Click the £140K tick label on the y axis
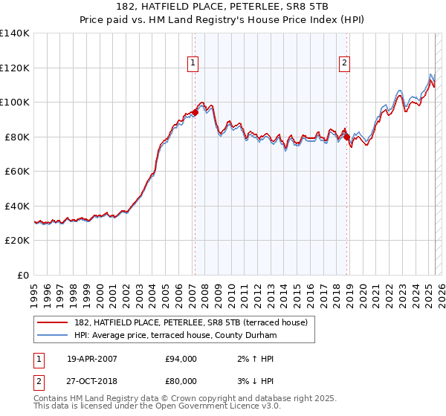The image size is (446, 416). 15,33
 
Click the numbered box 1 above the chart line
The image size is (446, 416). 193,63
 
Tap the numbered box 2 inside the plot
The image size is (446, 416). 345,63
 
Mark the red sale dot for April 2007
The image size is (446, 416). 195,112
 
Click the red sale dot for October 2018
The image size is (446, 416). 347,137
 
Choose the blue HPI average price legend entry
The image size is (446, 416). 175,336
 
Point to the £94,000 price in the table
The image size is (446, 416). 181,359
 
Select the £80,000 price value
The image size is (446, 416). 181,381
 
